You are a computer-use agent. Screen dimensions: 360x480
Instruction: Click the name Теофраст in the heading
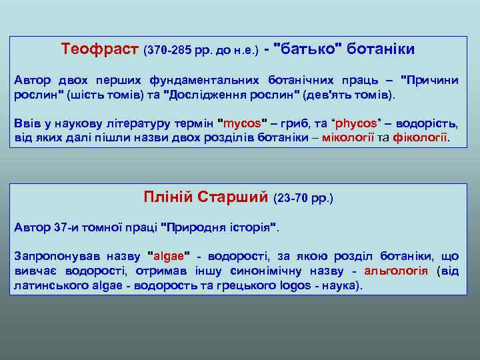click(100, 49)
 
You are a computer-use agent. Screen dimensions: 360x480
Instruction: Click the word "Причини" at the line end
click(429, 80)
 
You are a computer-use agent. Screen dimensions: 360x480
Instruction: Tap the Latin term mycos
click(243, 124)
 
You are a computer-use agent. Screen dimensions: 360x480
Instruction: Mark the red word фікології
click(421, 138)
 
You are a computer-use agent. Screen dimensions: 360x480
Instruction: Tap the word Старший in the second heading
click(236, 197)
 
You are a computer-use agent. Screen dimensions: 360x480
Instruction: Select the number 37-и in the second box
click(67, 227)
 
